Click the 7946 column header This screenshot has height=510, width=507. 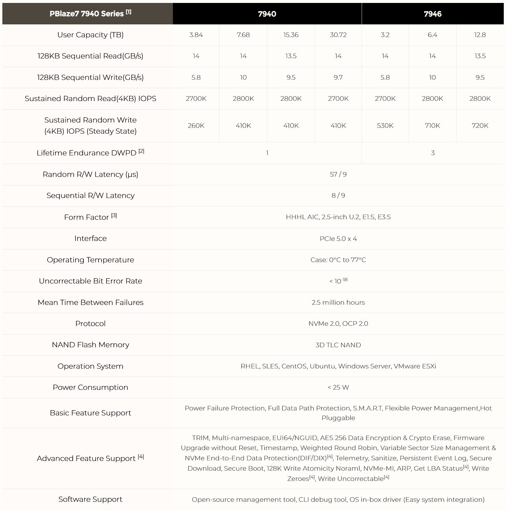[432, 14]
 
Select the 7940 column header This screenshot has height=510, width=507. [267, 14]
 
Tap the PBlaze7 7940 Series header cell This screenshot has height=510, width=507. [87, 14]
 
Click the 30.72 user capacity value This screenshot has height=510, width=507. [338, 35]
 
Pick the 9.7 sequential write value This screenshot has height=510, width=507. [338, 78]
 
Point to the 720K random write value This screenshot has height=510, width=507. [480, 126]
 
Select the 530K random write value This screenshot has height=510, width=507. [385, 126]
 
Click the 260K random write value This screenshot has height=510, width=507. [196, 126]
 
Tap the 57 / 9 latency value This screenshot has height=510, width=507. [338, 175]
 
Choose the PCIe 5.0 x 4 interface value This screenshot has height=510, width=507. [338, 239]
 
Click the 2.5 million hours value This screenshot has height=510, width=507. [338, 303]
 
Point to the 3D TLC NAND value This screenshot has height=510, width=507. [338, 345]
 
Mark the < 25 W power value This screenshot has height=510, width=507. [338, 387]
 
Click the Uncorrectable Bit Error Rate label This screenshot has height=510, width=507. [90, 281]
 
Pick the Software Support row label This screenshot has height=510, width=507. [90, 499]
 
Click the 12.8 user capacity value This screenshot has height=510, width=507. [480, 35]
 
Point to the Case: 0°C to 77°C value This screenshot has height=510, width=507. [338, 260]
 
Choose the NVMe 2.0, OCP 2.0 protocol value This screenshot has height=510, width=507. [338, 324]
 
